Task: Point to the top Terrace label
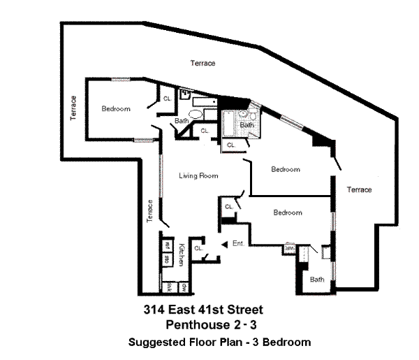pyautogui.click(x=203, y=64)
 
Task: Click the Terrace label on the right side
pyautogui.click(x=360, y=189)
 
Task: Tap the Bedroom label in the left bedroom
pyautogui.click(x=115, y=108)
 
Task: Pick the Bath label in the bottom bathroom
pyautogui.click(x=317, y=280)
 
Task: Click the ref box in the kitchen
pyautogui.click(x=168, y=245)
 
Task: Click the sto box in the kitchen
pyautogui.click(x=168, y=259)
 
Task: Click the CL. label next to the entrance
pyautogui.click(x=198, y=247)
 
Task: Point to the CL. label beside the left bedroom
pyautogui.click(x=168, y=99)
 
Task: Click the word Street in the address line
pyautogui.click(x=247, y=309)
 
